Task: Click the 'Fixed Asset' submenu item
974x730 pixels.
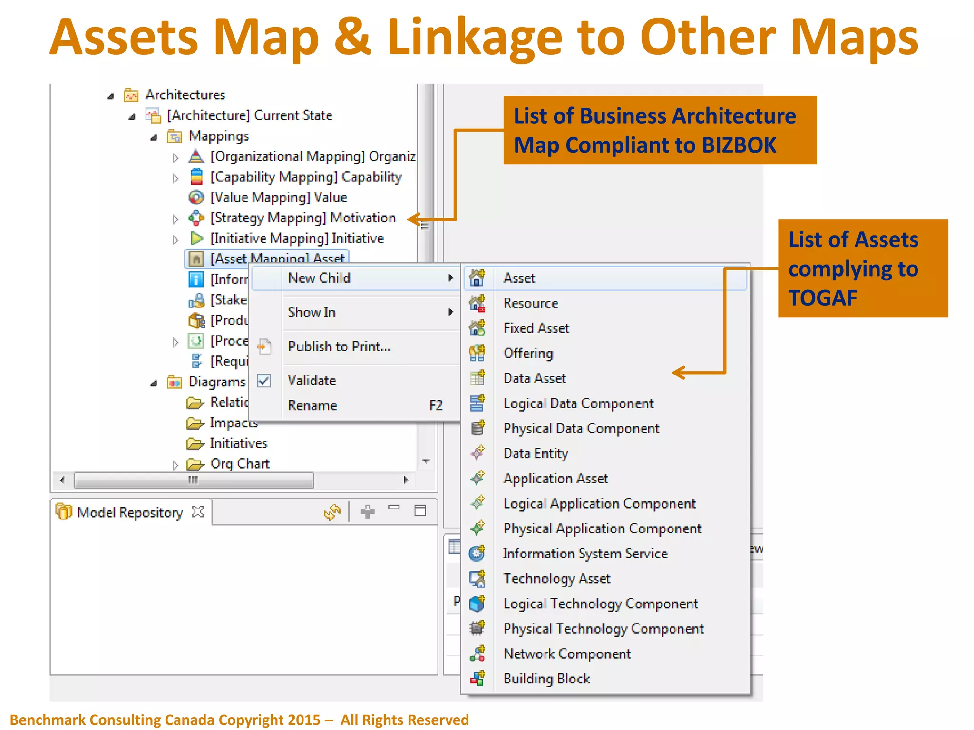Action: pyautogui.click(x=536, y=328)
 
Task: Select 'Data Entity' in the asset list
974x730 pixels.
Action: pyautogui.click(x=536, y=453)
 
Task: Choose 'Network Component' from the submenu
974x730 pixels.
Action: pyautogui.click(x=567, y=654)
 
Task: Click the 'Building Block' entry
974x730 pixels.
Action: pyautogui.click(x=546, y=679)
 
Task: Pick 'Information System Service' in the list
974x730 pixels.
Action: pyautogui.click(x=585, y=554)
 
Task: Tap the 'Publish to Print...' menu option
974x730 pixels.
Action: pyautogui.click(x=339, y=346)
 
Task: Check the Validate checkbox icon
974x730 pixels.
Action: pyautogui.click(x=264, y=381)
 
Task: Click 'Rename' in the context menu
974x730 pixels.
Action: pyautogui.click(x=312, y=405)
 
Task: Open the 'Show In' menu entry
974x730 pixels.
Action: pyautogui.click(x=312, y=312)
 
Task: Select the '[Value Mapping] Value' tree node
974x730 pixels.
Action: pyautogui.click(x=279, y=197)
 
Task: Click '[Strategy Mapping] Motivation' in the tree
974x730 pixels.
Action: pyautogui.click(x=302, y=218)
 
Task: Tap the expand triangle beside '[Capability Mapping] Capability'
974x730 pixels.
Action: pyautogui.click(x=175, y=178)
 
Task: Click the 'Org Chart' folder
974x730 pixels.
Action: pyautogui.click(x=239, y=463)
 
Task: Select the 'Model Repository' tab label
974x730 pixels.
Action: pyautogui.click(x=129, y=512)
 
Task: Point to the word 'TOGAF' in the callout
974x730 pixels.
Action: pyautogui.click(x=822, y=298)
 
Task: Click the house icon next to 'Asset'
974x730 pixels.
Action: pyautogui.click(x=477, y=278)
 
